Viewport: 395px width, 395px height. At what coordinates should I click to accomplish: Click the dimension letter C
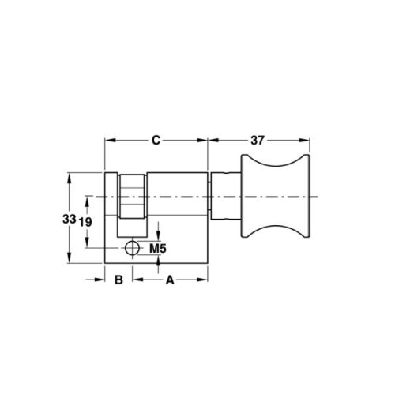(x=156, y=141)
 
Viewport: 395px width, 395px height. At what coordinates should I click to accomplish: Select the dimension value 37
(x=258, y=141)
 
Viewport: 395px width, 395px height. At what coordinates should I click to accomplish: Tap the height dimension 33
(x=70, y=218)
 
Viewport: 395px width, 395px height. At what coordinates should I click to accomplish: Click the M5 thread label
(x=158, y=250)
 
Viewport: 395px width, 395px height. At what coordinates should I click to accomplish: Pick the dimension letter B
(x=117, y=280)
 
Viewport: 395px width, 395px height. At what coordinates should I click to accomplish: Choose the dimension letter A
(x=168, y=280)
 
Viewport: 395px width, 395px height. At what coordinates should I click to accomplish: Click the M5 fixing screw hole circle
(x=131, y=250)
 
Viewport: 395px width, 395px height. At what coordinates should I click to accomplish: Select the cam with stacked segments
(x=133, y=196)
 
